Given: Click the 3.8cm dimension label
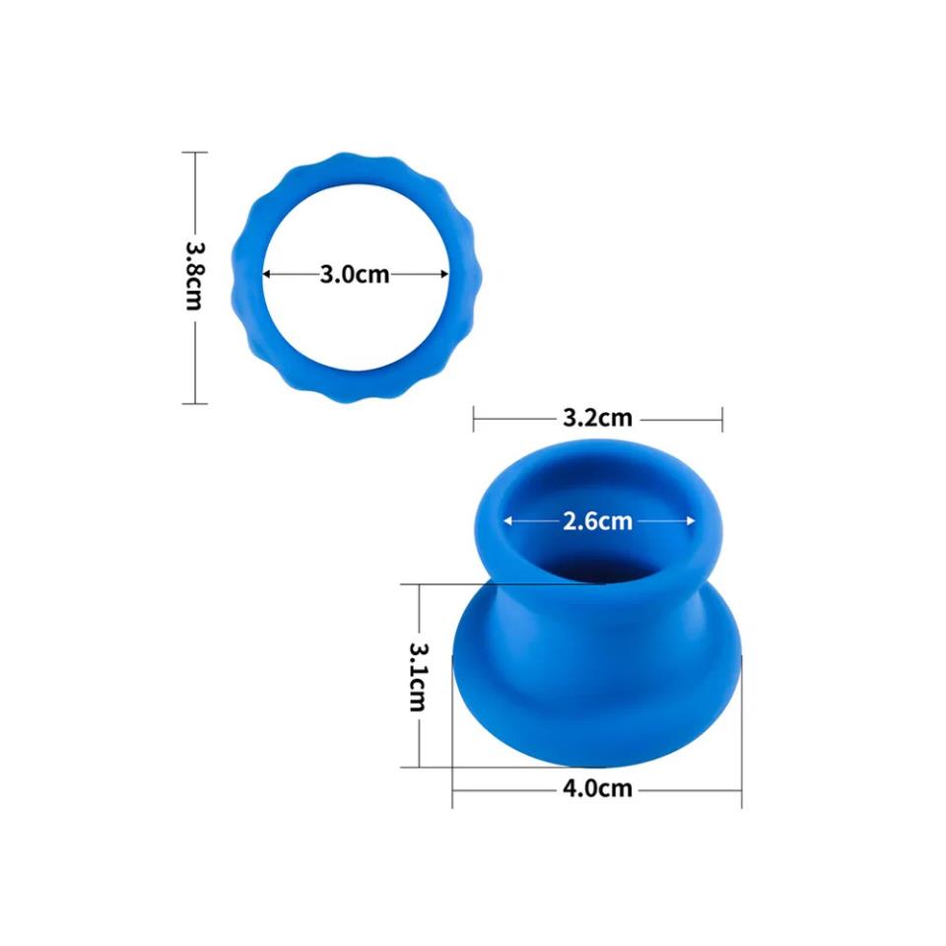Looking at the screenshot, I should (x=193, y=277).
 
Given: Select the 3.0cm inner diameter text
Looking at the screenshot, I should (x=354, y=275).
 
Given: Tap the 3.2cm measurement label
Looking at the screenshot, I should (x=597, y=418).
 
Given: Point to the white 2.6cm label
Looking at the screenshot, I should (x=597, y=521).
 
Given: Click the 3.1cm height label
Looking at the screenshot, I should (x=418, y=676).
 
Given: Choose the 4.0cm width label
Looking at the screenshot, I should (x=598, y=788).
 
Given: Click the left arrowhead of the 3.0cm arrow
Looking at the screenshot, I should (x=267, y=275).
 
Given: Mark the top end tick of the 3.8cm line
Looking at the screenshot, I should (x=194, y=153).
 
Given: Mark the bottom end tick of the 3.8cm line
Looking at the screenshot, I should (x=194, y=403).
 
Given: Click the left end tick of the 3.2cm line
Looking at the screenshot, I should (x=474, y=418).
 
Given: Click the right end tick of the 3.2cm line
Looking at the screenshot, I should (x=722, y=418).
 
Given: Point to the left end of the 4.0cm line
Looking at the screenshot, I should (x=453, y=788).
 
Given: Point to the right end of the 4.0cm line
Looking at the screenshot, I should (x=741, y=788).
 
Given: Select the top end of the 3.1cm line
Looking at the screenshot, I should (x=419, y=584).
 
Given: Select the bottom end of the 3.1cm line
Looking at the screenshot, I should (x=419, y=766).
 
